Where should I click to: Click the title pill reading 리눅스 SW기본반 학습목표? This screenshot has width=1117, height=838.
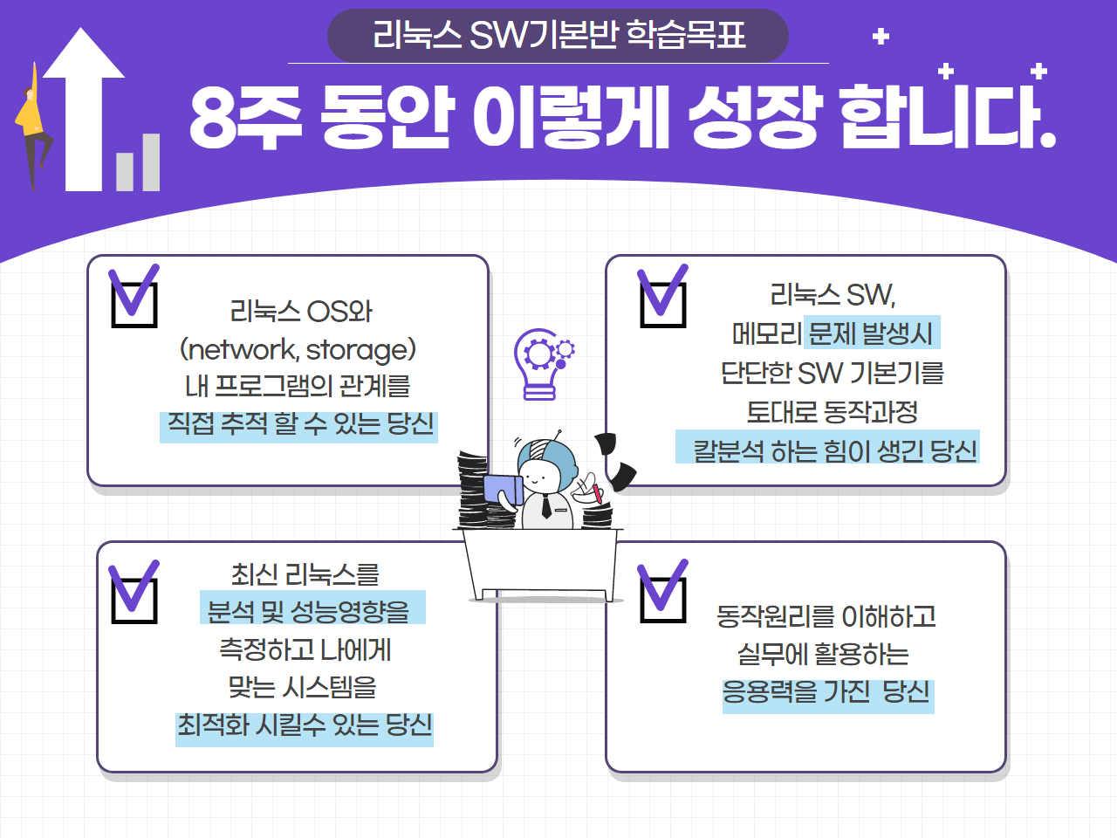(x=558, y=35)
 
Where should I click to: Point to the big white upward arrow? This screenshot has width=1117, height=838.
(x=84, y=109)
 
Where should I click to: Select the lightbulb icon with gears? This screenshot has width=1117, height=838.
(x=543, y=364)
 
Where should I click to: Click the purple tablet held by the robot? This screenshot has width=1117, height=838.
(x=503, y=490)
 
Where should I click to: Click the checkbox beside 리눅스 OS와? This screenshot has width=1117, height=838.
(x=134, y=305)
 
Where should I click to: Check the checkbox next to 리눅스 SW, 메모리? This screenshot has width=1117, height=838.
(x=663, y=305)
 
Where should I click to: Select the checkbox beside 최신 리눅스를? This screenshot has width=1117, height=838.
(x=134, y=601)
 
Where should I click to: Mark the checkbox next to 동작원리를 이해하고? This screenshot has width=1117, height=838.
(x=663, y=600)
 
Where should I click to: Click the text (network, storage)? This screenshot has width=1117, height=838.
(x=298, y=350)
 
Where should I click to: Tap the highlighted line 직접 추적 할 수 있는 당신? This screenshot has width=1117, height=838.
(x=298, y=426)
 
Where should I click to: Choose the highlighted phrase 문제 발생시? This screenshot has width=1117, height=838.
(x=872, y=333)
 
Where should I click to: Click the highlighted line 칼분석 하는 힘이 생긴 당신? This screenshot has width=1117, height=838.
(x=827, y=447)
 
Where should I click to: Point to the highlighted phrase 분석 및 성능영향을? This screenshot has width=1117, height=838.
(x=312, y=607)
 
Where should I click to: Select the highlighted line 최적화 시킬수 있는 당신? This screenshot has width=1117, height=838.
(x=305, y=730)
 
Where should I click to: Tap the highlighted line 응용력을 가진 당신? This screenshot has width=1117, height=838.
(x=828, y=696)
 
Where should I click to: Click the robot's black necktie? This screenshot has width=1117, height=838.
(x=546, y=505)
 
